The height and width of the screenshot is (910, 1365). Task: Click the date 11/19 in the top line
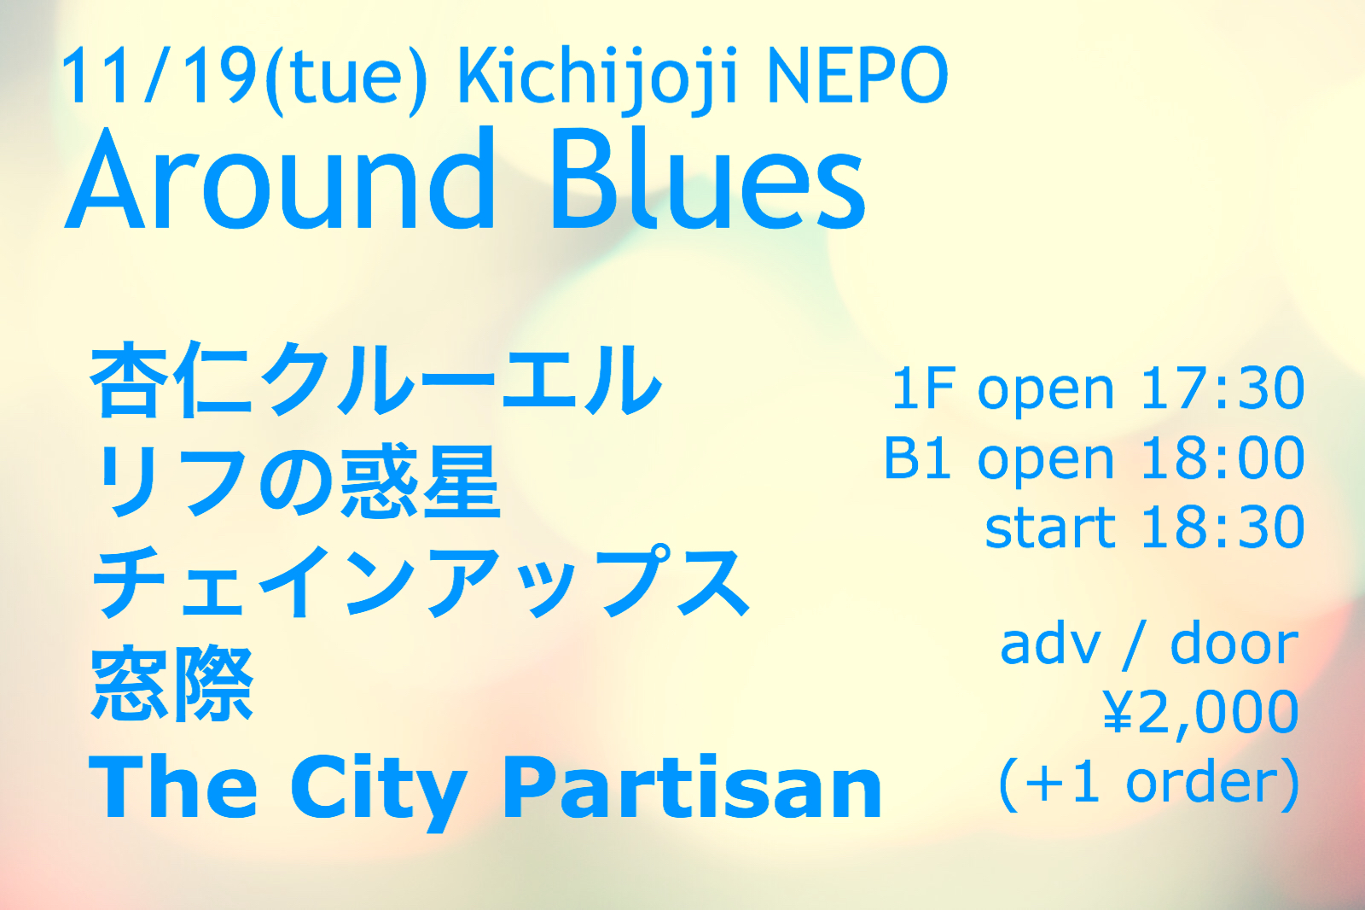point(157,77)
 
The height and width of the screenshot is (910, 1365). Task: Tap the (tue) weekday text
point(345,80)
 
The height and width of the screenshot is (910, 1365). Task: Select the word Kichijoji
point(597,80)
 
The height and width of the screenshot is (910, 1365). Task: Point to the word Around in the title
point(279,179)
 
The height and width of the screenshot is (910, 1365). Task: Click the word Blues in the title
point(707,179)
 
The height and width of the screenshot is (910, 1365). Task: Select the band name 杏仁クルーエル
point(375,379)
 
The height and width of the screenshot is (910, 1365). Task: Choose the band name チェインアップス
point(421,582)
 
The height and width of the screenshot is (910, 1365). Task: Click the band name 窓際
point(171,685)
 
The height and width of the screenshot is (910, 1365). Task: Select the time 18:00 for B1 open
point(1223,458)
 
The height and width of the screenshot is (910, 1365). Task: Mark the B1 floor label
point(917,458)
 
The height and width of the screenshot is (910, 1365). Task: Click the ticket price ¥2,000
point(1200,715)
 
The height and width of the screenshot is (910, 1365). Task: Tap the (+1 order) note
point(1149,785)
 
